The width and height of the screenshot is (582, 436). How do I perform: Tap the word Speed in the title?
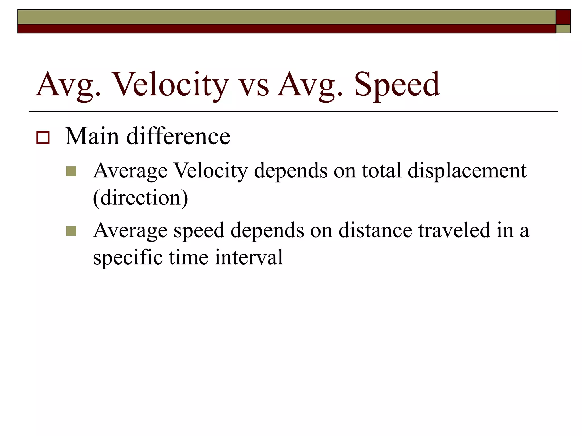[397, 85]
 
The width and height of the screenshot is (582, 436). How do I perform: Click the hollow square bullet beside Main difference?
[43, 138]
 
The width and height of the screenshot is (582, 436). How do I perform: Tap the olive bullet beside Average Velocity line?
[71, 171]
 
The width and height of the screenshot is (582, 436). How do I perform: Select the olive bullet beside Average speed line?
[71, 231]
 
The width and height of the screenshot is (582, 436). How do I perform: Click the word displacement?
[467, 171]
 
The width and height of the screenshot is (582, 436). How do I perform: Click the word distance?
[375, 230]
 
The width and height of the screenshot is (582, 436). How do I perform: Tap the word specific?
[128, 257]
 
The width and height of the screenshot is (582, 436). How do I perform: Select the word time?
[189, 257]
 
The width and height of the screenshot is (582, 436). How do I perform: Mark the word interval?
[249, 257]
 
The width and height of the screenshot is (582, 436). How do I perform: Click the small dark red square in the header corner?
[563, 17]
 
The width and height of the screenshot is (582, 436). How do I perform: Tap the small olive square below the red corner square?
[563, 29]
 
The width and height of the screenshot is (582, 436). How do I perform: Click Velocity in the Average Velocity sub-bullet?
[211, 171]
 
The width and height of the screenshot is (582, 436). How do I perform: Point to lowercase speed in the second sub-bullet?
[199, 230]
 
